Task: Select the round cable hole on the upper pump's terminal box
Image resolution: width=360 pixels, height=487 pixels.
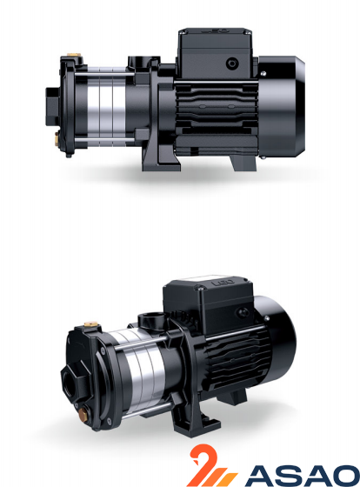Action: point(232,63)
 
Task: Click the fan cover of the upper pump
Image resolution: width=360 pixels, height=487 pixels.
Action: point(281,106)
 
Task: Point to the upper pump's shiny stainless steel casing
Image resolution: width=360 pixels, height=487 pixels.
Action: point(106,106)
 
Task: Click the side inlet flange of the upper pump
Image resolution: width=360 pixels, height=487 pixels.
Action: point(53,106)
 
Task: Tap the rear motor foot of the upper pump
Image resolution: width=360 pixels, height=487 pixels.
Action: point(243,163)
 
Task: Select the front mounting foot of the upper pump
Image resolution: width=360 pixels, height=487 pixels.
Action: point(161,158)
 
